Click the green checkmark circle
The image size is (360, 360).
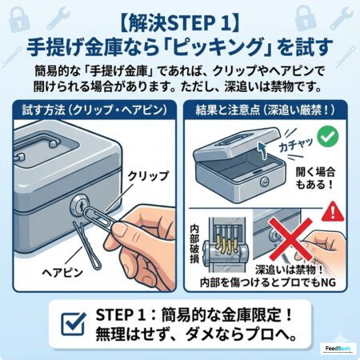click(328, 137)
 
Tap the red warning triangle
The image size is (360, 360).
click(333, 213)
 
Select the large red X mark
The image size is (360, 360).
click(290, 239)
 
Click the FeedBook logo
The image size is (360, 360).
click(338, 349)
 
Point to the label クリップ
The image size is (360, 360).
click(148, 176)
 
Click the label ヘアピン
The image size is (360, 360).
click(62, 273)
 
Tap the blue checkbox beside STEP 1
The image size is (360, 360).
click(74, 323)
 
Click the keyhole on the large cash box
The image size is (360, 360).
click(79, 206)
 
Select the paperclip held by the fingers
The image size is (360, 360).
click(98, 218)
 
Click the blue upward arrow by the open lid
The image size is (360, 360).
click(262, 150)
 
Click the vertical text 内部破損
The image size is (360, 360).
click(194, 244)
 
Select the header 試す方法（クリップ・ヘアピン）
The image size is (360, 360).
click(94, 110)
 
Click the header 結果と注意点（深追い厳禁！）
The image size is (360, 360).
click(265, 110)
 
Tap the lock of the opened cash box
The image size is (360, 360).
click(265, 182)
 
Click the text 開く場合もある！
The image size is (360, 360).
click(315, 178)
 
